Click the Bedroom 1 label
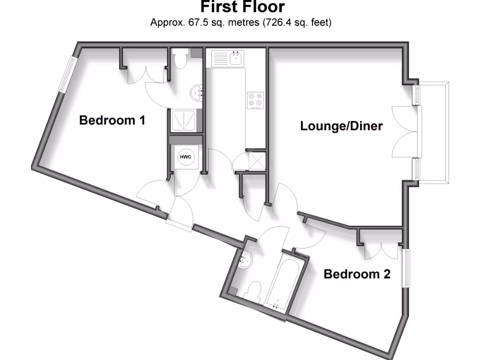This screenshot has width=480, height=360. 112,120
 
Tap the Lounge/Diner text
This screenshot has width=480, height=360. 342,126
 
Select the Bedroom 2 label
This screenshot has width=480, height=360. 357,274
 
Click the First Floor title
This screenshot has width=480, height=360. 242,7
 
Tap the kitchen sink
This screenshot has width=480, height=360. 235,59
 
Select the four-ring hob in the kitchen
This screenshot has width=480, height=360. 255,100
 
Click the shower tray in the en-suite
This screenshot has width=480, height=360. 184,121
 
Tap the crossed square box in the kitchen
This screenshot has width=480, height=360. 255,160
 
